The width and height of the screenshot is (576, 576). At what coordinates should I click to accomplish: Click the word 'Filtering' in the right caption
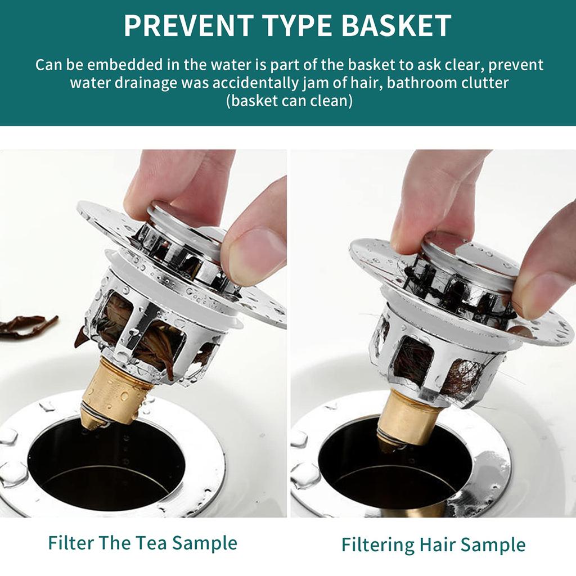(377, 545)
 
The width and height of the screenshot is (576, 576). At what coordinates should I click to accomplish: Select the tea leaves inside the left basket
(149, 343)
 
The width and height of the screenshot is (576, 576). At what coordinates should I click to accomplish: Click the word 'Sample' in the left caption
(205, 543)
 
